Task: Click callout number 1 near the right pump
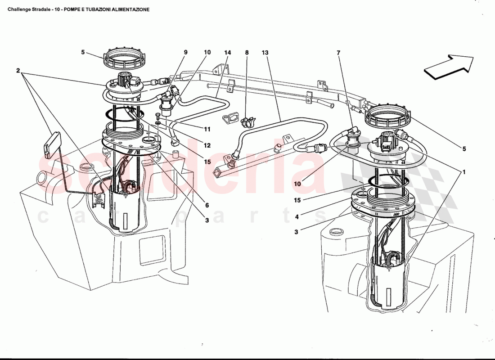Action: [464, 172]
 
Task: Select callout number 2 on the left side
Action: [18, 71]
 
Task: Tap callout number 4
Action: [297, 216]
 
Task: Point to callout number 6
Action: [207, 205]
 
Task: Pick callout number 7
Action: [338, 53]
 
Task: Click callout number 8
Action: [247, 53]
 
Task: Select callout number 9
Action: [185, 53]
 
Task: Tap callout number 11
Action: [207, 129]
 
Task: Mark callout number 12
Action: [207, 145]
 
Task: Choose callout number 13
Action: [265, 53]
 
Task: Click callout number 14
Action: [228, 53]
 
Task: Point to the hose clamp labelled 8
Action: [247, 121]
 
